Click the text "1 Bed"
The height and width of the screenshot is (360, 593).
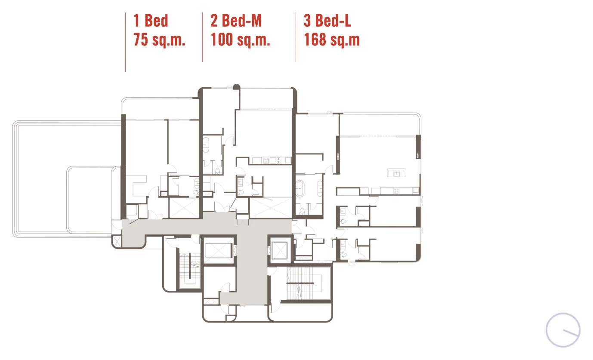click(151, 21)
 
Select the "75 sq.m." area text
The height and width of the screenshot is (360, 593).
click(159, 40)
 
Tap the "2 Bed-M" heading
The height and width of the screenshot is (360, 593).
click(236, 21)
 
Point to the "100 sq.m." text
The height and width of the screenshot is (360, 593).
click(240, 40)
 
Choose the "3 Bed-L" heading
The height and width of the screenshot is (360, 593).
click(327, 21)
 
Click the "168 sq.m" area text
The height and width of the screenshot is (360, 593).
click(332, 40)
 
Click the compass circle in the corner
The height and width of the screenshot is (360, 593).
click(563, 330)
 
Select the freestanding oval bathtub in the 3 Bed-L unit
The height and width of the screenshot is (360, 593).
click(300, 188)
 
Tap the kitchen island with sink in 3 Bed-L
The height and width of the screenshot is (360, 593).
click(396, 173)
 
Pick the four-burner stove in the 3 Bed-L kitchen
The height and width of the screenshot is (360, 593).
click(396, 191)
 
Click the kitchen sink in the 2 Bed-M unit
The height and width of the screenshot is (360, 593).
click(266, 160)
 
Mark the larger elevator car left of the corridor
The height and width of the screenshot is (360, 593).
click(219, 250)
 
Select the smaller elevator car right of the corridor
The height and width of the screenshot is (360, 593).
click(279, 250)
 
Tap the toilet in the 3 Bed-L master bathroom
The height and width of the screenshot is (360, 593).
click(302, 211)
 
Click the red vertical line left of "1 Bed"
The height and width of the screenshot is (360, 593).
click(125, 42)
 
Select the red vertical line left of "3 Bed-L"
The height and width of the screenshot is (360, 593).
click(296, 37)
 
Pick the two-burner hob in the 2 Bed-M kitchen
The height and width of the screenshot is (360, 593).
click(278, 160)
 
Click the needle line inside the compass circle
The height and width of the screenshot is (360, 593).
click(571, 333)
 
